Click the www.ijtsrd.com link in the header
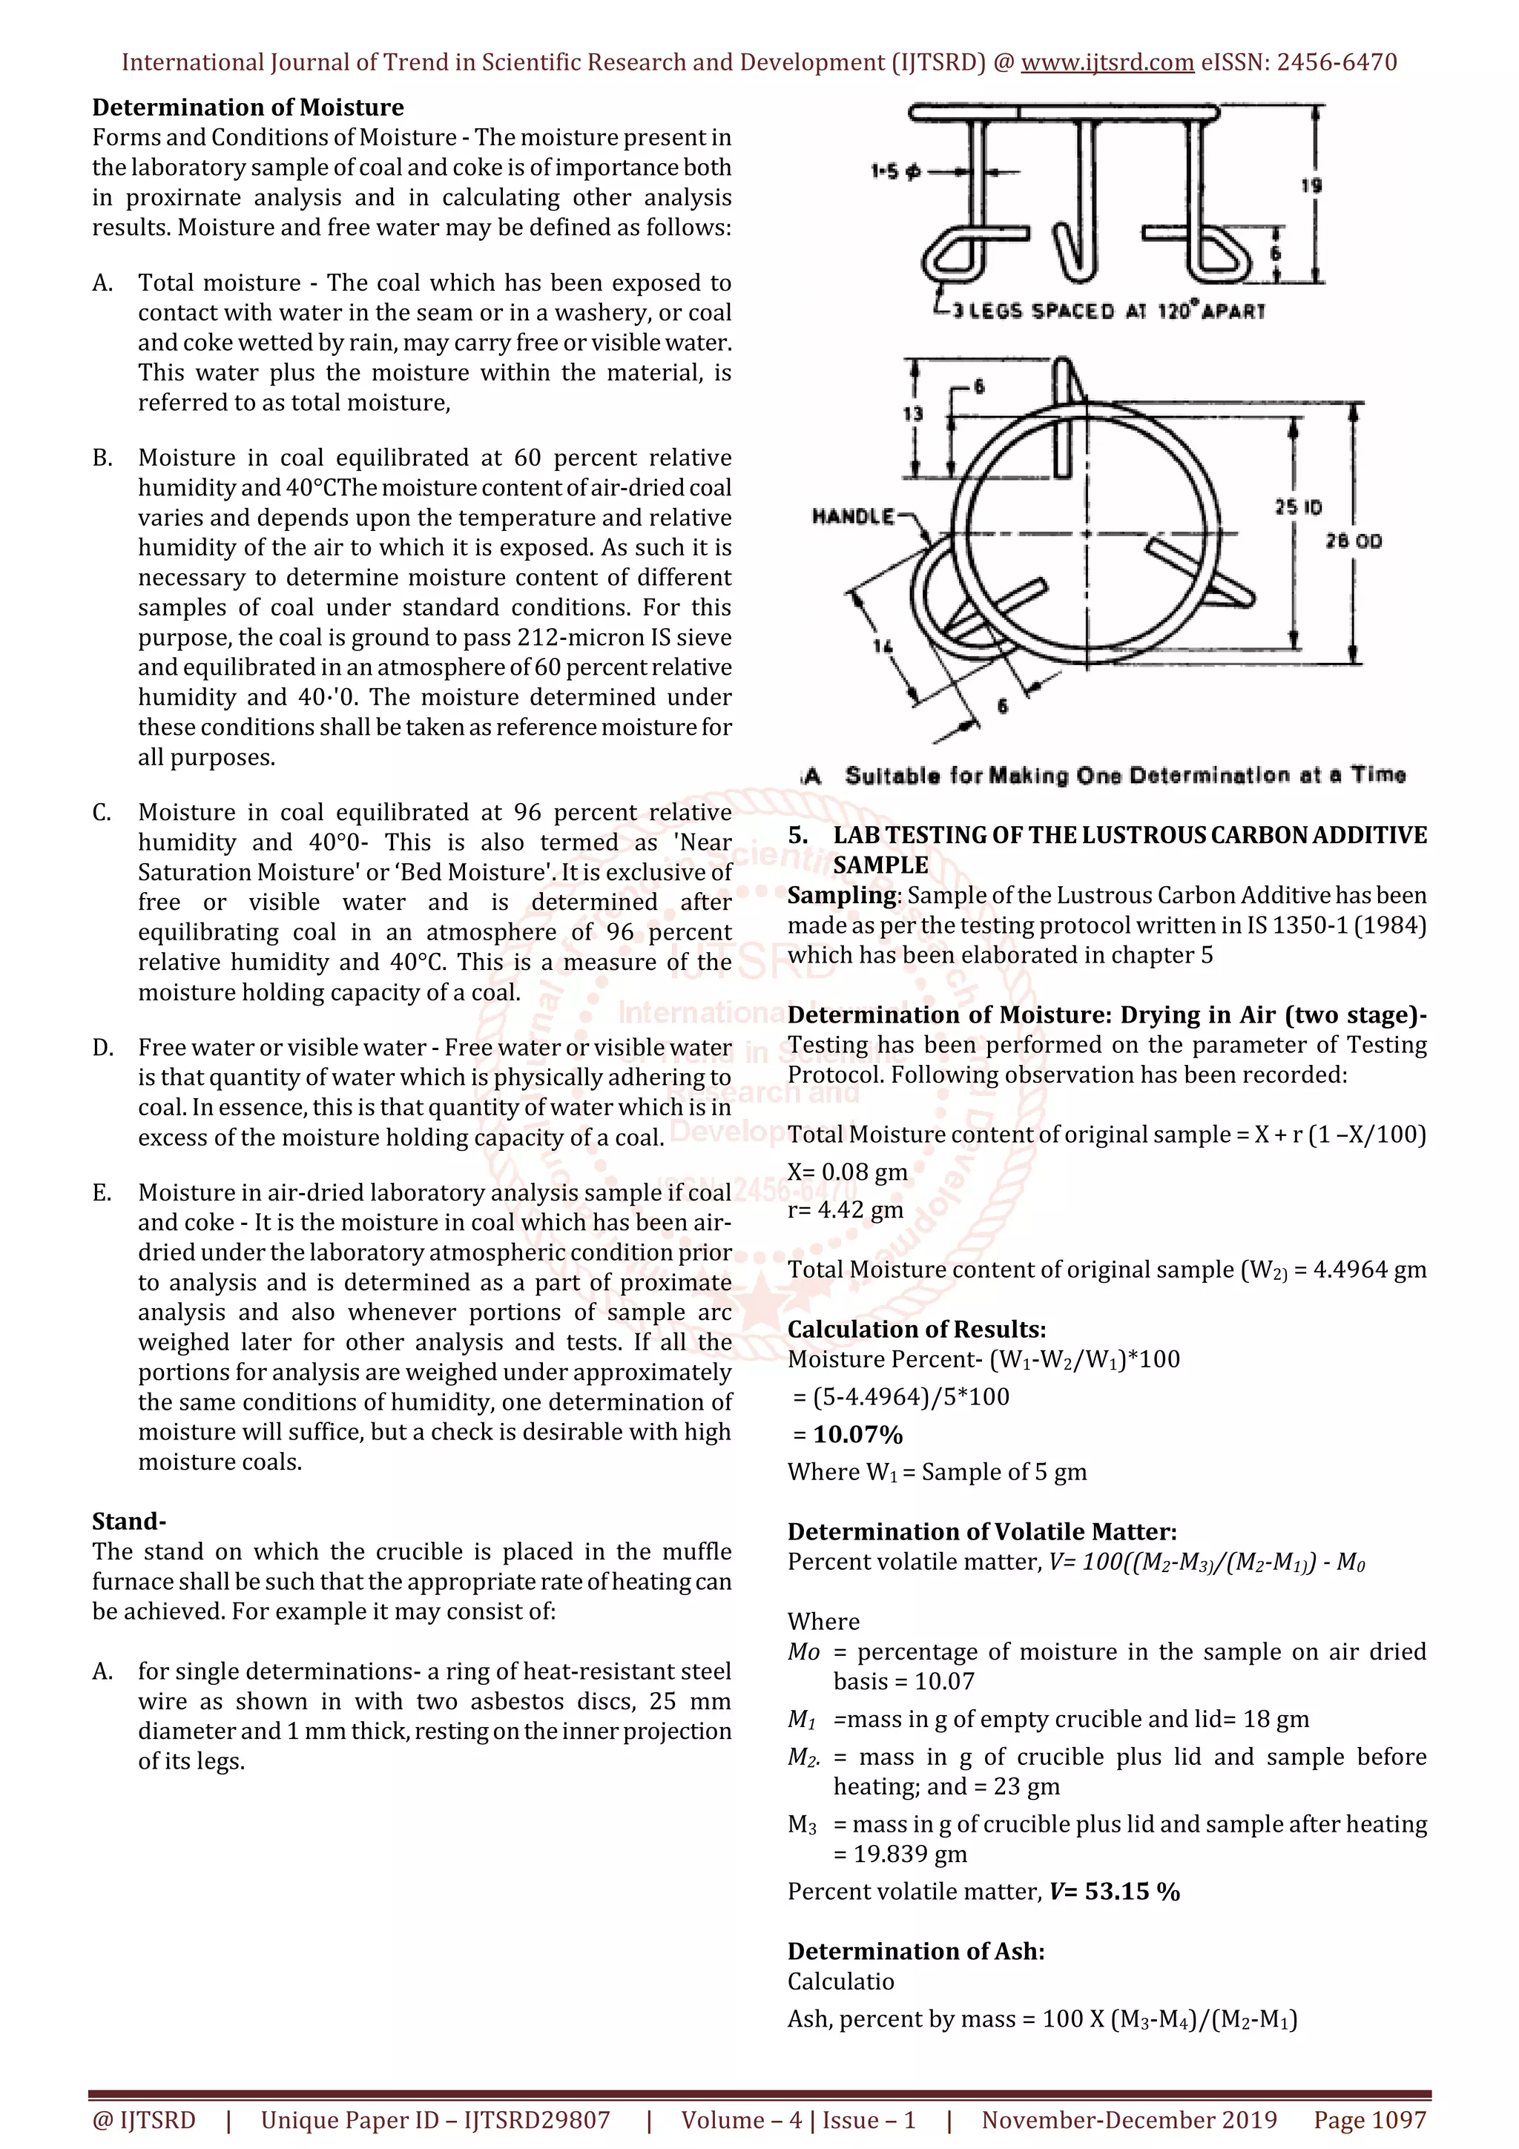[x=1107, y=63]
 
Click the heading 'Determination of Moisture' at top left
[x=248, y=108]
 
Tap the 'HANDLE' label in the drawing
[x=853, y=517]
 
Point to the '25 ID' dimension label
[x=1297, y=507]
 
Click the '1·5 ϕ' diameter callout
[x=896, y=171]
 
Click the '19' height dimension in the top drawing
[x=1311, y=185]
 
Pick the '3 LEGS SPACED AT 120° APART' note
[x=1108, y=311]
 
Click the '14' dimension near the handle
[x=883, y=645]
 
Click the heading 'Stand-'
[x=129, y=1521]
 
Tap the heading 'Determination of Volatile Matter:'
[x=982, y=1532]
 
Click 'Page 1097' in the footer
[x=1369, y=2120]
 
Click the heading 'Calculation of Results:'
[x=916, y=1329]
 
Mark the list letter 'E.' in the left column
[x=102, y=1192]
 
